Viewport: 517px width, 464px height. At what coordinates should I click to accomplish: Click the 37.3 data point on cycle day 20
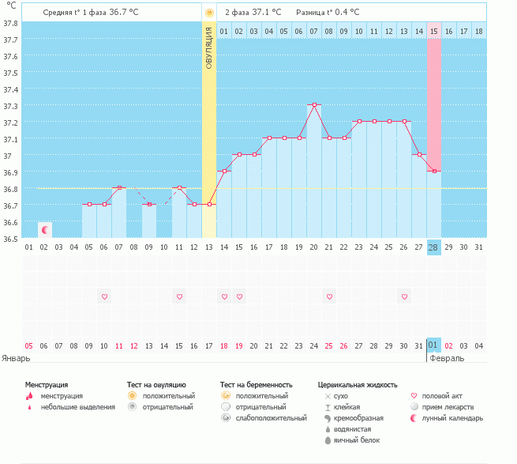(x=314, y=104)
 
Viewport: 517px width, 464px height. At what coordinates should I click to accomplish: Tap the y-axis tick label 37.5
(x=10, y=73)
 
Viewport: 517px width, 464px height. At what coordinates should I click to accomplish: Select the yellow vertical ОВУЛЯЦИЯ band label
(x=209, y=47)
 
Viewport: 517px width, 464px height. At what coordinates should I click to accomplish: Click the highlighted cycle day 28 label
(x=434, y=247)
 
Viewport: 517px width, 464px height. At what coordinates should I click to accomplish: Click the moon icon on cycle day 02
(x=45, y=229)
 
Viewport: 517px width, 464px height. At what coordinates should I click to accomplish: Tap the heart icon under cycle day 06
(x=104, y=296)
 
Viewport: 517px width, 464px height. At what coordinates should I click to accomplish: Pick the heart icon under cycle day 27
(x=404, y=296)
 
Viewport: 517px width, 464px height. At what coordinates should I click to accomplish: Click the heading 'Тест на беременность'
(x=261, y=384)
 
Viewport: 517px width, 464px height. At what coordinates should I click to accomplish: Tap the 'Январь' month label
(x=16, y=358)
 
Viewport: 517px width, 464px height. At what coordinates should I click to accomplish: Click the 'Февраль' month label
(x=446, y=358)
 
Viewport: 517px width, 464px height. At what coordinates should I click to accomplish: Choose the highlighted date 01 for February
(x=433, y=345)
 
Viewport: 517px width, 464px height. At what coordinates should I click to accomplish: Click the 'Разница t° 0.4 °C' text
(x=327, y=13)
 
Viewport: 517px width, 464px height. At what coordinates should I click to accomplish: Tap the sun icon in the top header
(x=209, y=13)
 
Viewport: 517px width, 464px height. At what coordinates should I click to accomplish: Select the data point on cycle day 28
(x=434, y=172)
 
